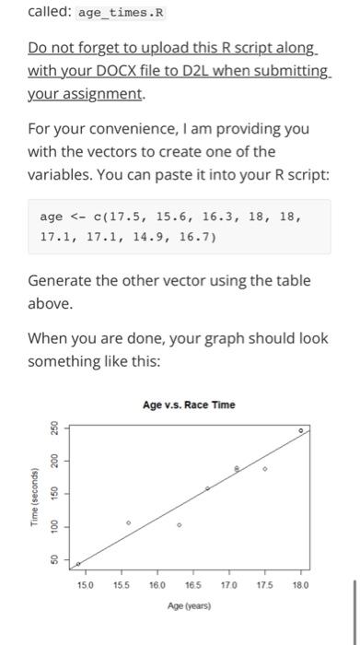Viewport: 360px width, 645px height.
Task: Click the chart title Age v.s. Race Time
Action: pos(189,404)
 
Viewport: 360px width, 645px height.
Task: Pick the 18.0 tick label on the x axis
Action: pos(298,585)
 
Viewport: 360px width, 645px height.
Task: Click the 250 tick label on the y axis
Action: pos(54,429)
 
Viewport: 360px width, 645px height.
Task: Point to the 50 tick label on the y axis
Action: pos(54,560)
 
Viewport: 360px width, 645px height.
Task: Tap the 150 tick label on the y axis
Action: pos(54,495)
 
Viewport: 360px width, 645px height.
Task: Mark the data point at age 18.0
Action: pos(300,430)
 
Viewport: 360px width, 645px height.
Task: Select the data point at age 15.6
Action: pos(128,522)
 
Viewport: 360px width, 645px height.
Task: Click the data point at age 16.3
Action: pos(179,525)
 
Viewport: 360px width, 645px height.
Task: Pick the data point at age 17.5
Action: pos(264,469)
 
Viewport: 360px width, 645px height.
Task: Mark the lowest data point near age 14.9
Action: pos(77,564)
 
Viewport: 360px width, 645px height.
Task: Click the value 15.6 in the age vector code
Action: pos(155,217)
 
